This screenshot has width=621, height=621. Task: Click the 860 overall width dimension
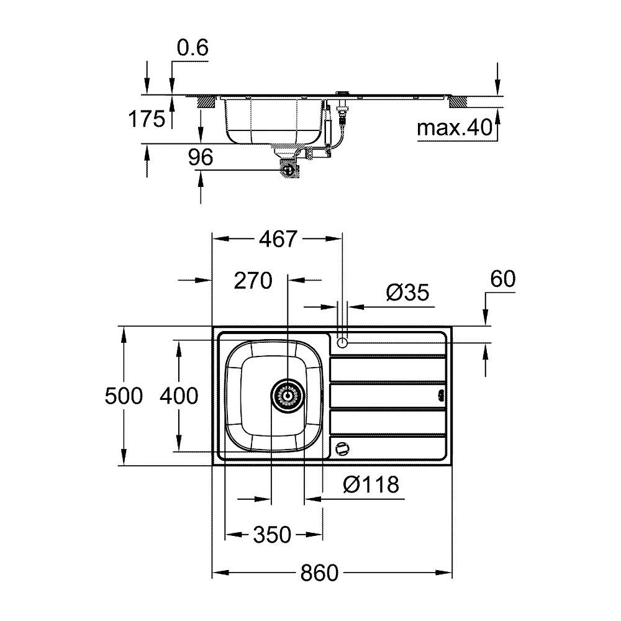pyautogui.click(x=319, y=573)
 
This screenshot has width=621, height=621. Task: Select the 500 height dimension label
pyautogui.click(x=124, y=396)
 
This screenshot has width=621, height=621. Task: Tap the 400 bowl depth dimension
pyautogui.click(x=179, y=396)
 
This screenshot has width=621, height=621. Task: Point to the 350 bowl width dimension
pyautogui.click(x=272, y=535)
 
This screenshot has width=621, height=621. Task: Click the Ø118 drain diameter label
pyautogui.click(x=371, y=484)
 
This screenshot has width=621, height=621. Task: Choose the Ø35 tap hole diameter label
pyautogui.click(x=407, y=292)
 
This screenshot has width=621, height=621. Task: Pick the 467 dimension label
pyautogui.click(x=278, y=239)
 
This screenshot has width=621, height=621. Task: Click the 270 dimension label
pyautogui.click(x=253, y=281)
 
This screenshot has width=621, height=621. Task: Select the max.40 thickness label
pyautogui.click(x=455, y=127)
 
